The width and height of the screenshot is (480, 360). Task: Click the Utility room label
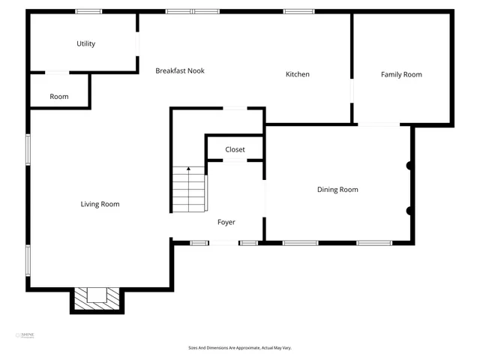pos(86,43)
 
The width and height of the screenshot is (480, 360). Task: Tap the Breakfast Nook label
pos(180,71)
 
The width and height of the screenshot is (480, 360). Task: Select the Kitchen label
pos(298,74)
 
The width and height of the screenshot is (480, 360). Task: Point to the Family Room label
pos(401,74)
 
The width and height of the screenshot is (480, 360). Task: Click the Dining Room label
pos(337,190)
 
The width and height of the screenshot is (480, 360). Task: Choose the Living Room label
pos(100,204)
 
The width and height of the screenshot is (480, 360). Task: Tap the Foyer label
pos(226,222)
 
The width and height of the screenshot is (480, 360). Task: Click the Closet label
pos(235,150)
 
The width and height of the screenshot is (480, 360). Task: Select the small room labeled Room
pos(59,97)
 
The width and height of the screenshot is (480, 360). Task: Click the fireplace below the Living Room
pos(97,298)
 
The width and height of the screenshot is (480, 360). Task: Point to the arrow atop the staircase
pos(188,170)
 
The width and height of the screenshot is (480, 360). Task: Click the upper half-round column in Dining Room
pos(409,165)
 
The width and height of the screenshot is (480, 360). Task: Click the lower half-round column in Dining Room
pos(409,211)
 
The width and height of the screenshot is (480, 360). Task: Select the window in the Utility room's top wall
pos(88,11)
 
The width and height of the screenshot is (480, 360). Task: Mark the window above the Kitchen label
pos(298,11)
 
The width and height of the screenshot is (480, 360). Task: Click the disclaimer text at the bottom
pos(240,348)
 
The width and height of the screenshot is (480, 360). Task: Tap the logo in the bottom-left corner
pos(27,335)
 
